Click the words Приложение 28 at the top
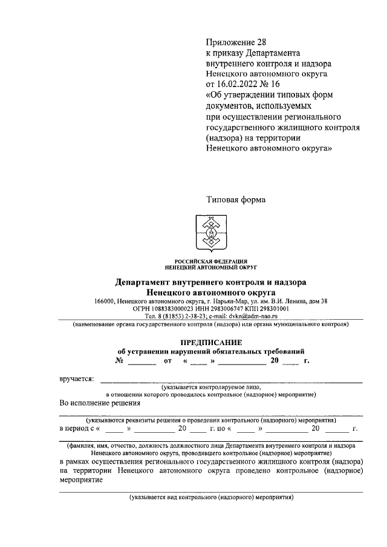pos(236,42)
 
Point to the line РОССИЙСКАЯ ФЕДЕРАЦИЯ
pos(211,261)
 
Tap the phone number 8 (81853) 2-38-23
pos(181,315)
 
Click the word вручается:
pos(76,379)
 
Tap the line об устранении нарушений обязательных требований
pos(211,351)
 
